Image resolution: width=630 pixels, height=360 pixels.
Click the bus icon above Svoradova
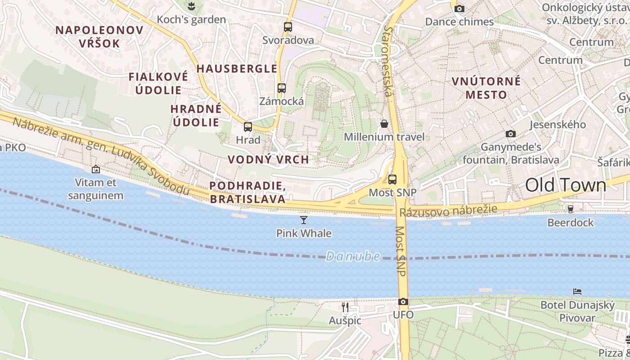tap(288, 27)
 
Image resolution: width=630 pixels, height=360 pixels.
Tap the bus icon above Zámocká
tap(282, 88)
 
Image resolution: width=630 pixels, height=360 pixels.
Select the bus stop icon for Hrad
tap(248, 127)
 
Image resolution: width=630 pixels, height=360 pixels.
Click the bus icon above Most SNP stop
tap(392, 180)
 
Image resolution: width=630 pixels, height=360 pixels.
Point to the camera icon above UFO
tap(403, 302)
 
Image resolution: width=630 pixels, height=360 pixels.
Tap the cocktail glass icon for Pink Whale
tap(304, 220)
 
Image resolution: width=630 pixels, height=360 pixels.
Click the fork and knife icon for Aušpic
tap(345, 307)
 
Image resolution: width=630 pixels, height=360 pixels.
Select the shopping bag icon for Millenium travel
tap(384, 124)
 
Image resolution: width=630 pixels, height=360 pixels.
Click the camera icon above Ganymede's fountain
tap(510, 134)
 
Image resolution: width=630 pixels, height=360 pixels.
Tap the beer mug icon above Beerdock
tap(571, 209)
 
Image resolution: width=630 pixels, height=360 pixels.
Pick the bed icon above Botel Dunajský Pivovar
tap(577, 292)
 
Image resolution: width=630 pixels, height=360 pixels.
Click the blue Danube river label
tap(353, 256)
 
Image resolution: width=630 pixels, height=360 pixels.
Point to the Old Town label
tap(566, 185)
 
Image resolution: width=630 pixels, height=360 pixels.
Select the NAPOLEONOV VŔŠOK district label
tap(99, 37)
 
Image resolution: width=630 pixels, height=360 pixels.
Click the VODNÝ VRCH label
tap(268, 160)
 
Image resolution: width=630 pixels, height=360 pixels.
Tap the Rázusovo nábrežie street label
tap(448, 210)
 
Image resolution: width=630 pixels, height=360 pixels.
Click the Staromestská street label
tap(388, 61)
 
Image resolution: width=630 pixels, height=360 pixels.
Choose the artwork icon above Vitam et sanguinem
tap(95, 170)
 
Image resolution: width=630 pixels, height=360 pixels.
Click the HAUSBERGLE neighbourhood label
tap(237, 69)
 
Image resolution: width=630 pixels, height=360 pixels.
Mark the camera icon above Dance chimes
tap(459, 9)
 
